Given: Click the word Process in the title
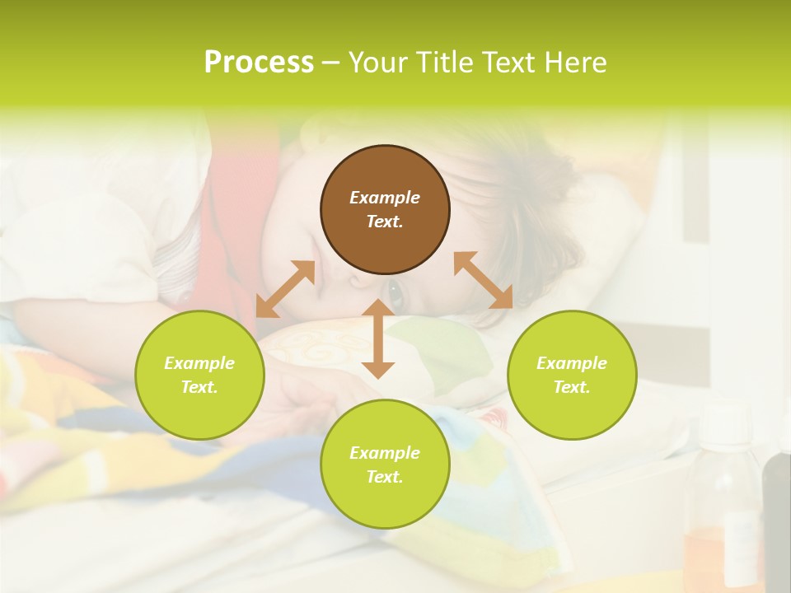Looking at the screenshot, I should tap(259, 63).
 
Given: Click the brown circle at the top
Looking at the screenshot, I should tap(385, 209).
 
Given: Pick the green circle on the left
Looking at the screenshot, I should tap(199, 375).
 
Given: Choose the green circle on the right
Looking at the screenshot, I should tap(572, 375).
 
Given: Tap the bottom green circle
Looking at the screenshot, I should tap(385, 465).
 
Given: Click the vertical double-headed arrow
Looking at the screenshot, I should tap(378, 339).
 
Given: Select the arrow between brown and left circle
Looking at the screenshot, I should tap(285, 289).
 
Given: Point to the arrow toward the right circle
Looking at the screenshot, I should tap(483, 280).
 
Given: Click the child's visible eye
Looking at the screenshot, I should tap(395, 292).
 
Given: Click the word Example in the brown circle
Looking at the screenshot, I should tap(385, 198).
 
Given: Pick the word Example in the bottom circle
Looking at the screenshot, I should tap(385, 453).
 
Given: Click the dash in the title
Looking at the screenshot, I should tap(331, 63).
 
